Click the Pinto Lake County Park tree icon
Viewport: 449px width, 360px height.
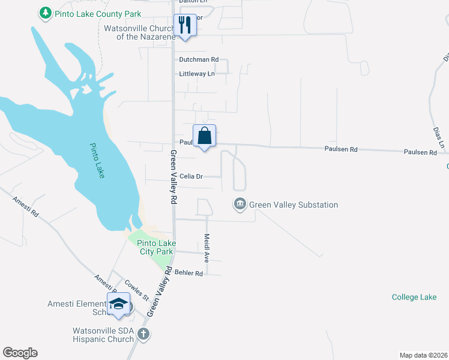tap(45, 13)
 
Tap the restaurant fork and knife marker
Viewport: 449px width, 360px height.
tap(184, 25)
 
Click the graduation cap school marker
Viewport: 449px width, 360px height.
tap(118, 304)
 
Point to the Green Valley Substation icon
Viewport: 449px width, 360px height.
tap(240, 205)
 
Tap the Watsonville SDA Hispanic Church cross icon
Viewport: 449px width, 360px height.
tap(143, 334)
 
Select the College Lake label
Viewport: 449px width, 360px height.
tap(414, 297)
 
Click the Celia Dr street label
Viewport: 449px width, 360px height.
tap(192, 176)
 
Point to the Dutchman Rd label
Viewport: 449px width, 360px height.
tap(199, 60)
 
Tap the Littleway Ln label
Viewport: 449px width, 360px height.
tap(197, 74)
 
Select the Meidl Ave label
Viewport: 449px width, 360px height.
tap(206, 248)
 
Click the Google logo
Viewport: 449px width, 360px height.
tap(20, 352)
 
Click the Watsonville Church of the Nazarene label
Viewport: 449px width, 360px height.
tap(139, 32)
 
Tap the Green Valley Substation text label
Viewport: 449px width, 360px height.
tap(294, 205)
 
